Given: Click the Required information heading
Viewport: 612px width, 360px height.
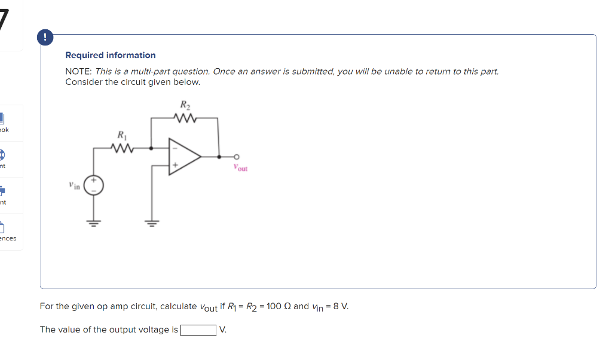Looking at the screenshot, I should coord(110,55).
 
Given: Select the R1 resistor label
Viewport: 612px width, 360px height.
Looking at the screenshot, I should coord(121,134).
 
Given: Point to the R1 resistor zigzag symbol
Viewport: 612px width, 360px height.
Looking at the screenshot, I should coord(122,146).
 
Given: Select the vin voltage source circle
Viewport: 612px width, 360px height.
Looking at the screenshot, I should coord(94,185).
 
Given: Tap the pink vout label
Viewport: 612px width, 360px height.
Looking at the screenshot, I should coord(241,169).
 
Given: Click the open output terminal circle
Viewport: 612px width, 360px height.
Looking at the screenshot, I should coord(237,157).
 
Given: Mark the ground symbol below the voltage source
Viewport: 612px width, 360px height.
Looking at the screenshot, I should coord(94,224).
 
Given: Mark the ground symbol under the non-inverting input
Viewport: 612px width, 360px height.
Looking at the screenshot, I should coord(151,224).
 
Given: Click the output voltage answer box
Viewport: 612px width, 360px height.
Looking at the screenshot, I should coord(198,330).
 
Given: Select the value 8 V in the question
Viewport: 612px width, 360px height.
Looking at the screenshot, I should coord(341,306).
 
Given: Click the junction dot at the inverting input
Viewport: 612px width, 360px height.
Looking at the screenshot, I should coord(151,147).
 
